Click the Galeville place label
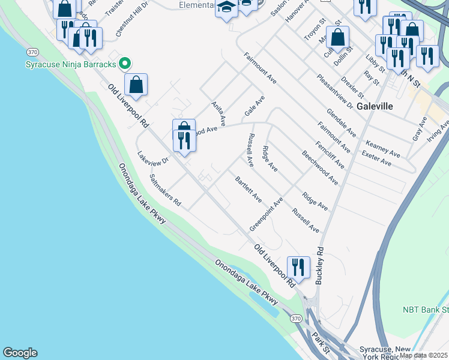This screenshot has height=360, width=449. [375, 106]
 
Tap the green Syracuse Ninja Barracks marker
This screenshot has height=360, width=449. [125, 62]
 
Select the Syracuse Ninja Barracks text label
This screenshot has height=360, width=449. [71, 64]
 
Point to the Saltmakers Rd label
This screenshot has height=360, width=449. [165, 191]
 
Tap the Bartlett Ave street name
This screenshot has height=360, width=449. [249, 188]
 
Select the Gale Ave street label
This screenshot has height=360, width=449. [255, 106]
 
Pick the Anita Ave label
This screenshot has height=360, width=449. [218, 113]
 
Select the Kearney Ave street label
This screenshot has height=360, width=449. [382, 149]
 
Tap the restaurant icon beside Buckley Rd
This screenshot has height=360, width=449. [298, 266]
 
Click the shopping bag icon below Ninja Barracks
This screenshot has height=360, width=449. [136, 85]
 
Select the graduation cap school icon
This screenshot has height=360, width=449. [226, 8]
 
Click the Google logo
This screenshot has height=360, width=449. [20, 353]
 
